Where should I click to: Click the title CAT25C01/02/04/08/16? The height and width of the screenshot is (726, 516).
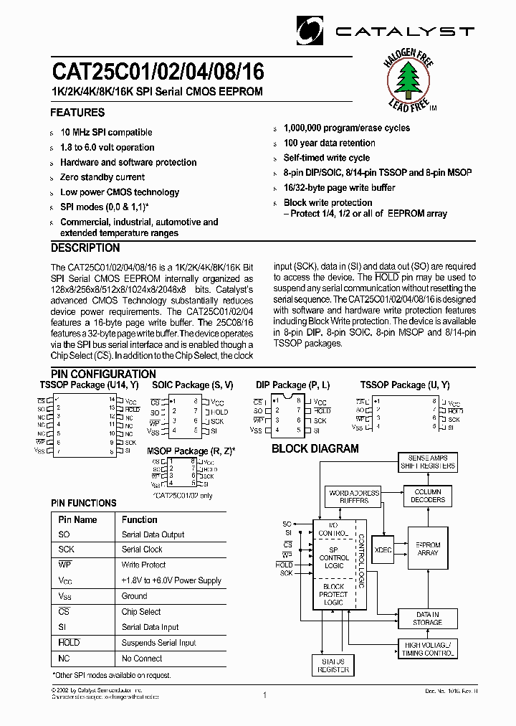pyautogui.click(x=157, y=72)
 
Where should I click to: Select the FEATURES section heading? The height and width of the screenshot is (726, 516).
pyautogui.click(x=77, y=113)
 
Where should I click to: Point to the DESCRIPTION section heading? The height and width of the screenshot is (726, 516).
pyautogui.click(x=85, y=248)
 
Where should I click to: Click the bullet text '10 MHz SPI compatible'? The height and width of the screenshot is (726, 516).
pyautogui.click(x=106, y=133)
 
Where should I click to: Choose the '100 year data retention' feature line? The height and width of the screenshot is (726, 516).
pyautogui.click(x=329, y=143)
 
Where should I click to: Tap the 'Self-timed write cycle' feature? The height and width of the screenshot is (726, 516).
pyautogui.click(x=326, y=158)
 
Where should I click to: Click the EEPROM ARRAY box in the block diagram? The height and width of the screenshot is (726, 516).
pyautogui.click(x=428, y=549)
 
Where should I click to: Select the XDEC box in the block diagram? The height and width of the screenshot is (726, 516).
pyautogui.click(x=383, y=549)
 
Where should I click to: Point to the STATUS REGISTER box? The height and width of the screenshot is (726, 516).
pyautogui.click(x=333, y=665)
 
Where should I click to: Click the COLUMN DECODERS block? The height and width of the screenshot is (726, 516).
pyautogui.click(x=428, y=496)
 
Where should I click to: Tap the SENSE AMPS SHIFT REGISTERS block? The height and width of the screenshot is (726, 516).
pyautogui.click(x=427, y=462)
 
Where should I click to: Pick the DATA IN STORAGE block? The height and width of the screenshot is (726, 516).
pyautogui.click(x=428, y=618)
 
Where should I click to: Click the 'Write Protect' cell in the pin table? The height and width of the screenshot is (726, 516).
pyautogui.click(x=143, y=565)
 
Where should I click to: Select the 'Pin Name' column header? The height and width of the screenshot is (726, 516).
pyautogui.click(x=77, y=519)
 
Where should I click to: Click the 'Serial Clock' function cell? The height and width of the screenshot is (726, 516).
pyautogui.click(x=142, y=550)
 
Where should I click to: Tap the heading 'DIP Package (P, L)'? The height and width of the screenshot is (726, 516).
pyautogui.click(x=293, y=385)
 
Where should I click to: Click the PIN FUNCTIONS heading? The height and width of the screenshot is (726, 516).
pyautogui.click(x=83, y=504)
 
